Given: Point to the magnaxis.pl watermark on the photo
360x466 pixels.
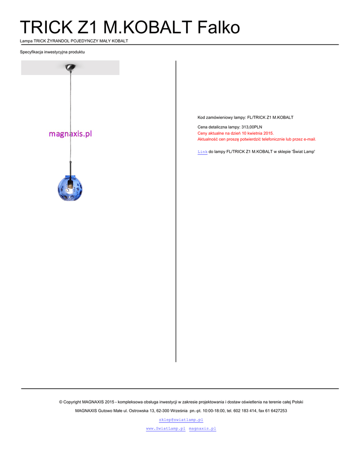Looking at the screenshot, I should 70,134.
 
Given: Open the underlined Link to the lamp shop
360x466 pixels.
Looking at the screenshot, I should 202,152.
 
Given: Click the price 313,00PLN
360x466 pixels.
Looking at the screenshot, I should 252,127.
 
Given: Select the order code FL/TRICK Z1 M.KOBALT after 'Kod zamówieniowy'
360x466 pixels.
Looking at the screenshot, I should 270,117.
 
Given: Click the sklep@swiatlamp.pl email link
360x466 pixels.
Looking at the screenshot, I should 181,420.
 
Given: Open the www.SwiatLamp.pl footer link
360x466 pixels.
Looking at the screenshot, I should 165,429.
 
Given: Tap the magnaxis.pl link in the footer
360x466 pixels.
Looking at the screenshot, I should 202,429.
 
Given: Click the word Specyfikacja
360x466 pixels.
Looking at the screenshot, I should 31,52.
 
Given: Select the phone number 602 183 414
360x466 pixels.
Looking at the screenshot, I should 245,410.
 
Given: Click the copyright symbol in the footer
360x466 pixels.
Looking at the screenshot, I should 61,402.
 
